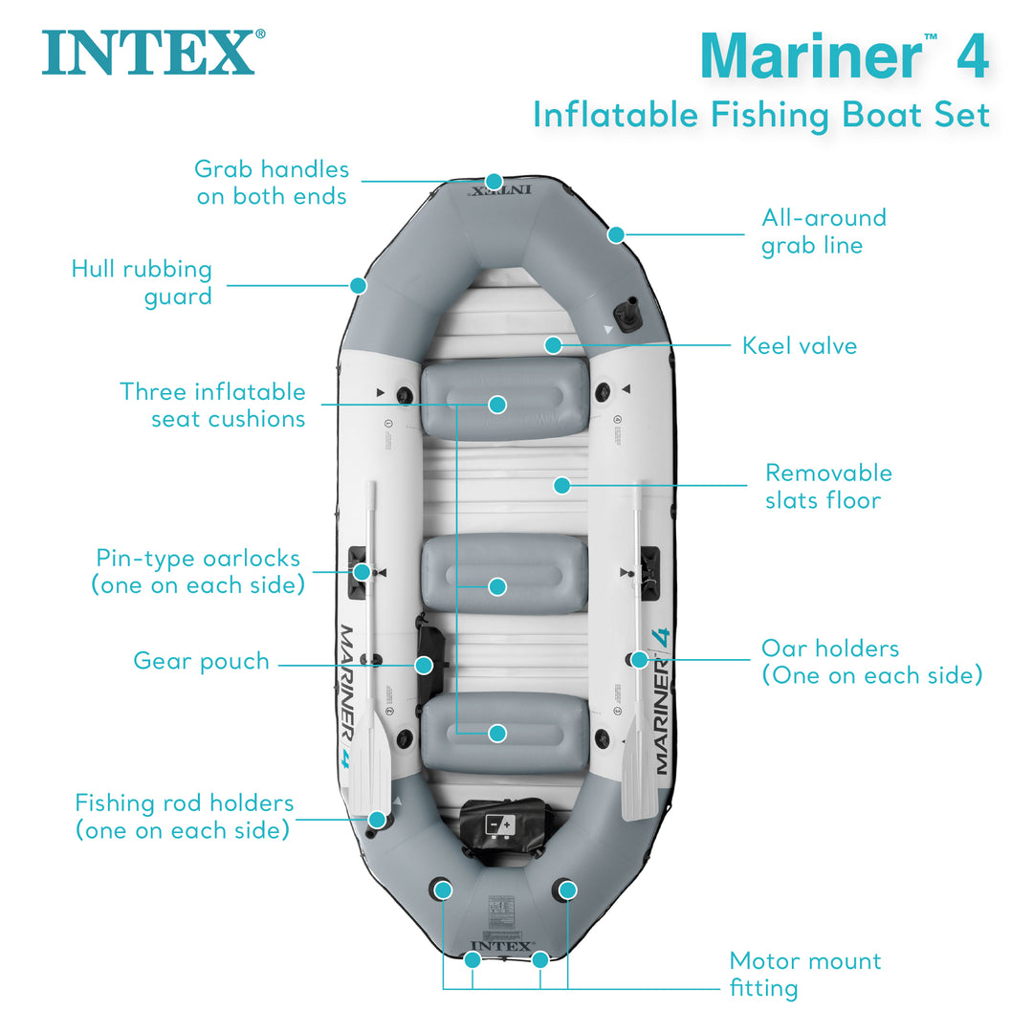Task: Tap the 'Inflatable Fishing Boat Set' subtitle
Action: click(760, 115)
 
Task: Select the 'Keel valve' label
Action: click(800, 345)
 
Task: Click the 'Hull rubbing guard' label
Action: click(142, 283)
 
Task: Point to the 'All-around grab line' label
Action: click(824, 231)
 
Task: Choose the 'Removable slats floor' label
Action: click(828, 486)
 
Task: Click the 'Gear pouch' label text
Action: click(201, 662)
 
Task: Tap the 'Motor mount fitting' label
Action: click(804, 974)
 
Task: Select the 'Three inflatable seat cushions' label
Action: click(212, 405)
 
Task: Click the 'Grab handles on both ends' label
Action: click(272, 182)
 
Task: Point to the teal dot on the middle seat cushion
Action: click(496, 586)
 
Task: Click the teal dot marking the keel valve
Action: click(553, 345)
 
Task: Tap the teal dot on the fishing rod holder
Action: click(378, 820)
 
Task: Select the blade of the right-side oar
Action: click(639, 780)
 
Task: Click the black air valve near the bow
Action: click(627, 313)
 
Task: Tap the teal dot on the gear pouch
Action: click(424, 664)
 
